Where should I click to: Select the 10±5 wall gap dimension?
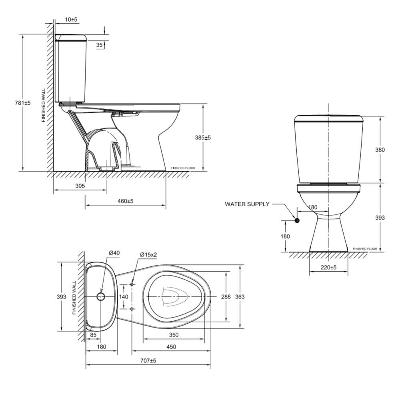(72, 19)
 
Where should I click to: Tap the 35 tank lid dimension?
(100, 45)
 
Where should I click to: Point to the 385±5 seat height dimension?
(203, 137)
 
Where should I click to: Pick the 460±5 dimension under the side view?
(125, 201)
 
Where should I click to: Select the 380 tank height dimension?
(380, 150)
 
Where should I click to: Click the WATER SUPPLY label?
(247, 204)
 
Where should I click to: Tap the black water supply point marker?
(297, 220)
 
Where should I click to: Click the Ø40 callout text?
(114, 253)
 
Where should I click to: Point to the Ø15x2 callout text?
(148, 254)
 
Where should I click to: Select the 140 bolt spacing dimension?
(124, 297)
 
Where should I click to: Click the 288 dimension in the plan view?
(226, 297)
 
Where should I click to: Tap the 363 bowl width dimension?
(240, 297)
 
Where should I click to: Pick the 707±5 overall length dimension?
(148, 360)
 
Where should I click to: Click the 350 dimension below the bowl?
(174, 335)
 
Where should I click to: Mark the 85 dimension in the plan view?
(93, 335)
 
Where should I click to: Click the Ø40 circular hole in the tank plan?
(101, 296)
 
